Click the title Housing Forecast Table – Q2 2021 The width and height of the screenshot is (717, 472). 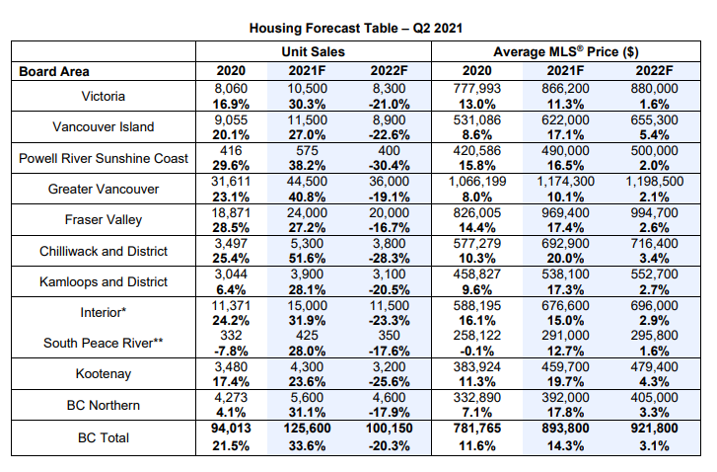pos(356,29)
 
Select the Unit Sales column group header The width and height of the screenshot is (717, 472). pos(314,51)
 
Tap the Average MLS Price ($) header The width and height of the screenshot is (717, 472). pos(566,51)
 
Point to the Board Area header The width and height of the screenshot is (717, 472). pos(54,71)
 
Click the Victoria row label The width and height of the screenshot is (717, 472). pos(104,96)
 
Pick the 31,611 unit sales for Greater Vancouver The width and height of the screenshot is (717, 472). pos(231,182)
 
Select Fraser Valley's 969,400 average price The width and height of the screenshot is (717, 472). pos(566,213)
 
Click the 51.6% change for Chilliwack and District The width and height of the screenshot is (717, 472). pos(307,259)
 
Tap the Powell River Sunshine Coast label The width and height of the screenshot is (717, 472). pos(104,158)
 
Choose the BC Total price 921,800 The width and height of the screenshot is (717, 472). pos(654,429)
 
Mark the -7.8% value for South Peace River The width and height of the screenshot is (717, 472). pos(231,352)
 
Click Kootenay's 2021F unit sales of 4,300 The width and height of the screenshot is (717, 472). pos(307,367)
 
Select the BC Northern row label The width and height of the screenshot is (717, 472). pos(104,405)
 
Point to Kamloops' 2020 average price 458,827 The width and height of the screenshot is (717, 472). pos(477,275)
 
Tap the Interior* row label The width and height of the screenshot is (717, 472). pos(104,312)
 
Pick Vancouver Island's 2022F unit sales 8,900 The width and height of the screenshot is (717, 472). pos(389,119)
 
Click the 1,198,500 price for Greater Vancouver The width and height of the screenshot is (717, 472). pos(654,182)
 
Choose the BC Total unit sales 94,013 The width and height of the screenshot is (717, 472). pos(231,429)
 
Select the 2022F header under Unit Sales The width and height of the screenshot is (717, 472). pos(389,71)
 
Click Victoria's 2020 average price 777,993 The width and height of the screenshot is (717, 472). pos(477,88)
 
